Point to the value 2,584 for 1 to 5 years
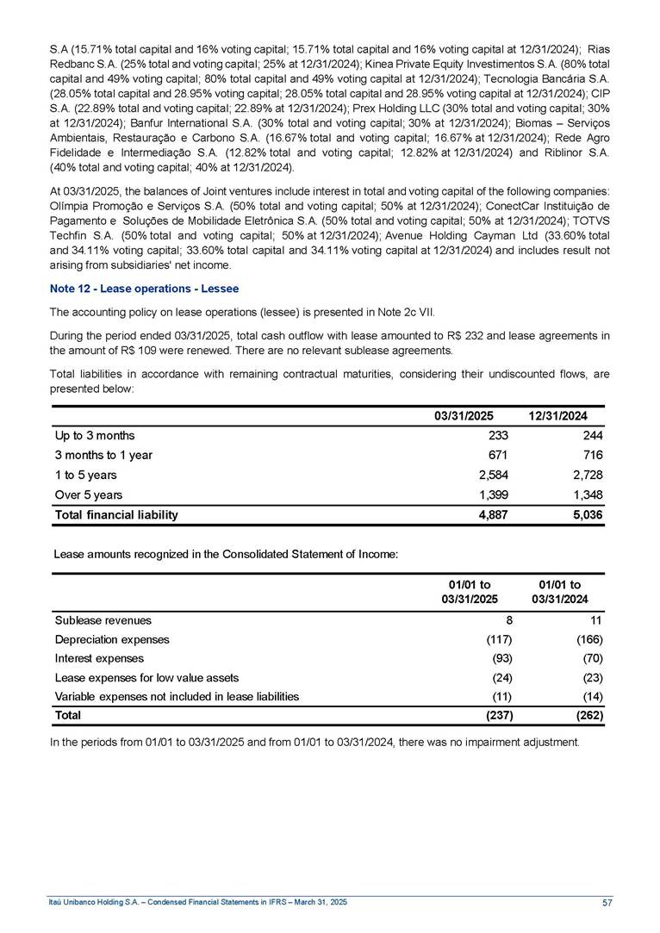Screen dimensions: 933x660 point(494,475)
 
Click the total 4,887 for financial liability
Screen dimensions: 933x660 point(494,515)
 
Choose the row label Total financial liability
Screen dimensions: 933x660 point(116,515)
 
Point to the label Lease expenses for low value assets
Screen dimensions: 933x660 point(146,677)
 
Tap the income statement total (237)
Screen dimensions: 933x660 point(497,715)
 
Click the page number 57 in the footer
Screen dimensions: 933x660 point(607,902)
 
